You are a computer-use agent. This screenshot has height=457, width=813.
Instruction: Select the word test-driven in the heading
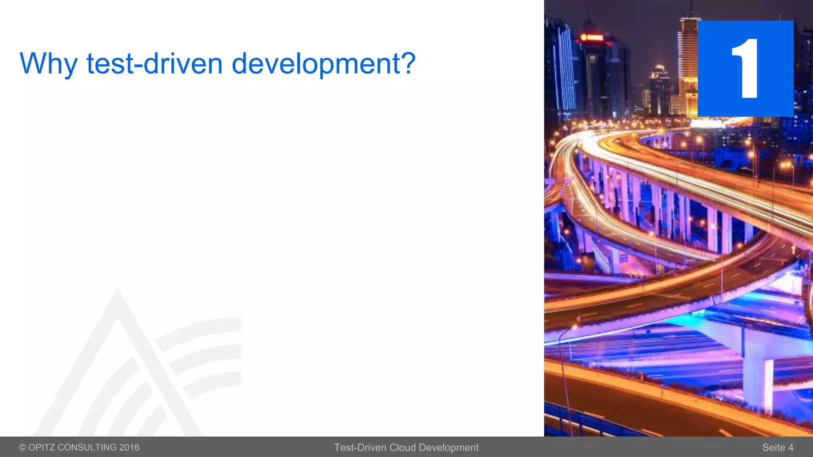154,63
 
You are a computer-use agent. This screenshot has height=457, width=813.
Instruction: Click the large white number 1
746,68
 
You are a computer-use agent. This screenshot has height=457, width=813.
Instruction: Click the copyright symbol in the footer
23,447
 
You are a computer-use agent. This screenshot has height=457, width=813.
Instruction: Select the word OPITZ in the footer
42,447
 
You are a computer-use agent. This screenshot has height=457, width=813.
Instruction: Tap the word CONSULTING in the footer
87,447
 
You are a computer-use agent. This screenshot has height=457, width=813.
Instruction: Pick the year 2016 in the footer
129,447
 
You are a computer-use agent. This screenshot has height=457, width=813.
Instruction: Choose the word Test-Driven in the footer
360,447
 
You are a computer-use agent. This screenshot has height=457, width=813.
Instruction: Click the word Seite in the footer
774,447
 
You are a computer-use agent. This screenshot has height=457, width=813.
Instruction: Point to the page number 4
791,447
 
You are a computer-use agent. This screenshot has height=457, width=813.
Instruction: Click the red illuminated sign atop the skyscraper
591,38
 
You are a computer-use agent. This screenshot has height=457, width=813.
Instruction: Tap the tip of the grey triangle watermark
118,291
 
